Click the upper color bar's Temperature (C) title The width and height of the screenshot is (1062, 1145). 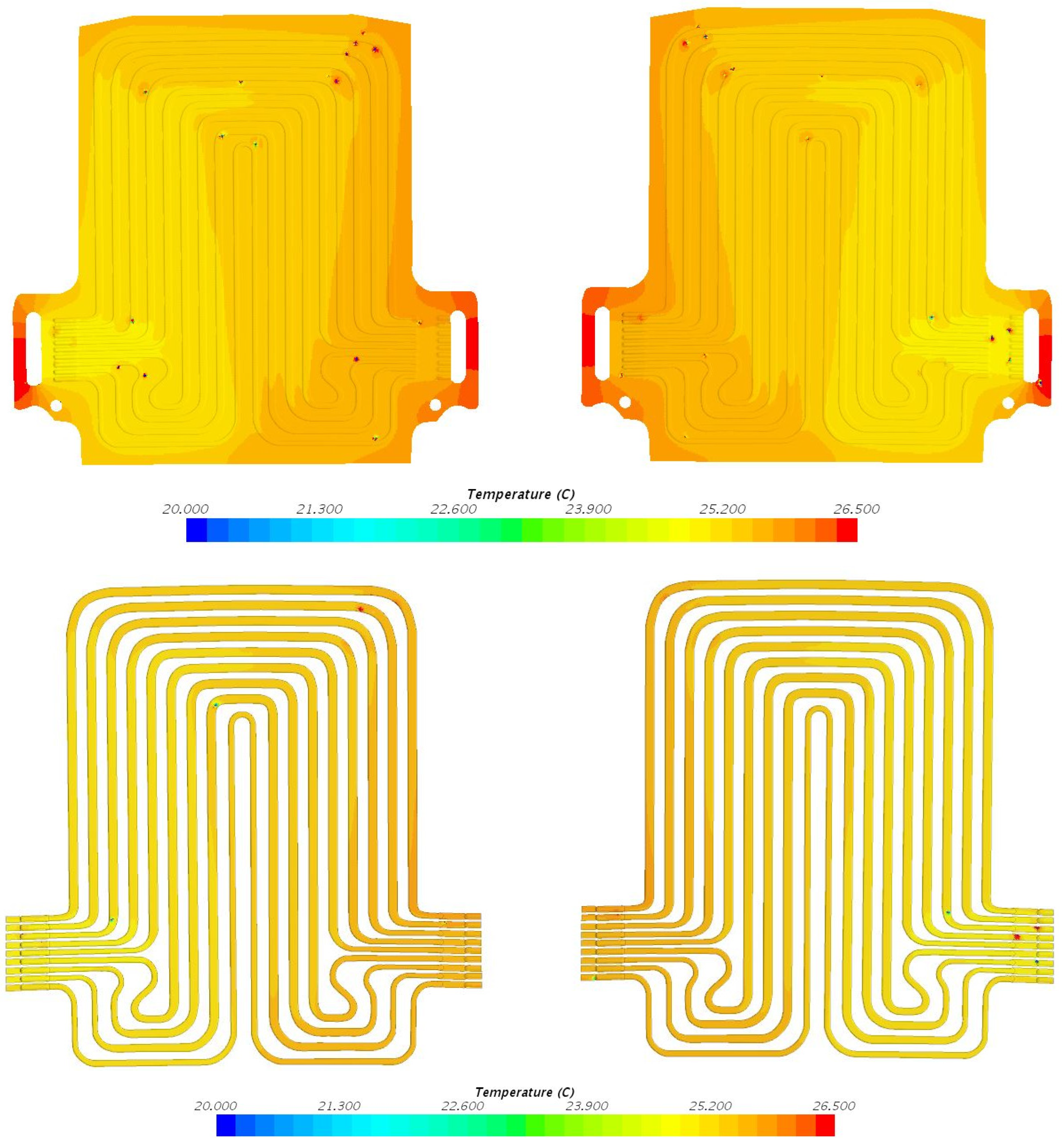[521, 494]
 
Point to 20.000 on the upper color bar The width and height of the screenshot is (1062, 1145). [186, 509]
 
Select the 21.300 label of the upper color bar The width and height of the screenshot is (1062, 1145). [319, 509]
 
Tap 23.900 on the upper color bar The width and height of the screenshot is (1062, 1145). [589, 509]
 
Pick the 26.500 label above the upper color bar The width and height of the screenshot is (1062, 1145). [856, 509]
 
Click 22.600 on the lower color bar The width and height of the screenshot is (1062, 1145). [463, 1106]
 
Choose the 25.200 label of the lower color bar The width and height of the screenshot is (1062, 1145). [710, 1106]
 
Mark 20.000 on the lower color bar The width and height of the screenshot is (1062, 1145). [216, 1106]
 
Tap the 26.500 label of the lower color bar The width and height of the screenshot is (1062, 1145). [834, 1106]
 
